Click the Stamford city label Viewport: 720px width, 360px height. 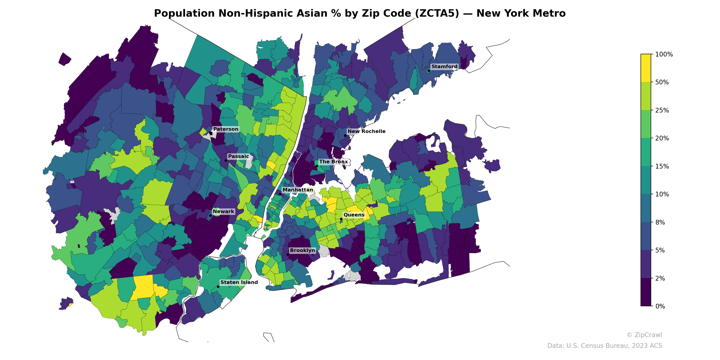444,67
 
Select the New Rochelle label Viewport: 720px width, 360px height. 366,131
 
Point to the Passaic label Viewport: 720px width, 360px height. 238,156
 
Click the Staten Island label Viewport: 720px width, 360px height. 239,282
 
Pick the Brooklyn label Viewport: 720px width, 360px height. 302,250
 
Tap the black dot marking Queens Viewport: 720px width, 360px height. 341,219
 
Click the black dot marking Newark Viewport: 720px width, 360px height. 210,216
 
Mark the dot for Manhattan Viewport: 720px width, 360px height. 280,194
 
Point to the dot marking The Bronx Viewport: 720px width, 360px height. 317,166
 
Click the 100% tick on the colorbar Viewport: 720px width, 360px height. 664,54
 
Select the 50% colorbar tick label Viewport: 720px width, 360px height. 662,82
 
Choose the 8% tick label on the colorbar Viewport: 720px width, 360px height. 660,223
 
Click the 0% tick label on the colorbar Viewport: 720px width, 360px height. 660,306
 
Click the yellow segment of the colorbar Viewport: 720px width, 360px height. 646,68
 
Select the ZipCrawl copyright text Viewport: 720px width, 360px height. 644,335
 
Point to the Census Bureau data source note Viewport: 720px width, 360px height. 604,346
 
